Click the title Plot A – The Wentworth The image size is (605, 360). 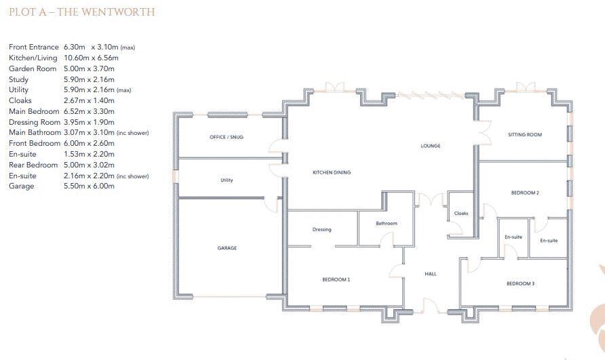coord(81,12)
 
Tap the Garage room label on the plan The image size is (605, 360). coord(227,248)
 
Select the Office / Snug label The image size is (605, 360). coord(227,137)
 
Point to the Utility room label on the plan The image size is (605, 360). coord(227,180)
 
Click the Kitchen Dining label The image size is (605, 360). coord(332,173)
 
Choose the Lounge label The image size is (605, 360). coord(431,146)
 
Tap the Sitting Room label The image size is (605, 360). coord(525,135)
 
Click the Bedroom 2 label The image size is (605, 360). coord(525,193)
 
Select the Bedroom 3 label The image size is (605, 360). coord(520,283)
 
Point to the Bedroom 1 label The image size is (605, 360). coord(336,279)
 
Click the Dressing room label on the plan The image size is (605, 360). coord(322,229)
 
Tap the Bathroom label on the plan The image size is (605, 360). coord(387,223)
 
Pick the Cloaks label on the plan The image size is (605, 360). coord(461,214)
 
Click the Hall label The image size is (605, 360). coord(431,274)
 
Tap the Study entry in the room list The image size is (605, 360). coord(18,79)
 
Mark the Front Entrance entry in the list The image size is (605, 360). coord(34,47)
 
